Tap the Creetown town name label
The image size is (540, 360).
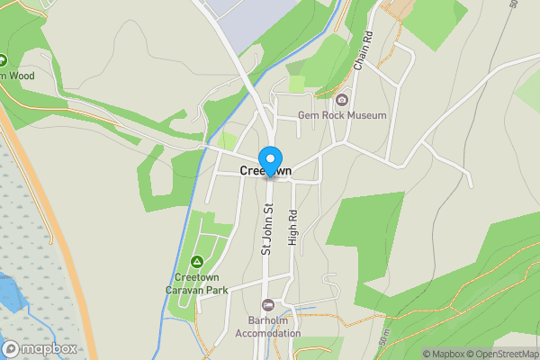tap(265, 171)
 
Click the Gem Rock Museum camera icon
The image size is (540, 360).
tap(342, 99)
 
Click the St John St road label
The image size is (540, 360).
tap(267, 229)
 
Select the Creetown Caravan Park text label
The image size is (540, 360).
tap(197, 283)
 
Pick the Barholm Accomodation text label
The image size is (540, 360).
tap(267, 327)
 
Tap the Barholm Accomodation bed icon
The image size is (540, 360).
tap(267, 304)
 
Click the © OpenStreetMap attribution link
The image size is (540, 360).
tap(505, 354)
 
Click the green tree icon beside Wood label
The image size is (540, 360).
tap(3, 60)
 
